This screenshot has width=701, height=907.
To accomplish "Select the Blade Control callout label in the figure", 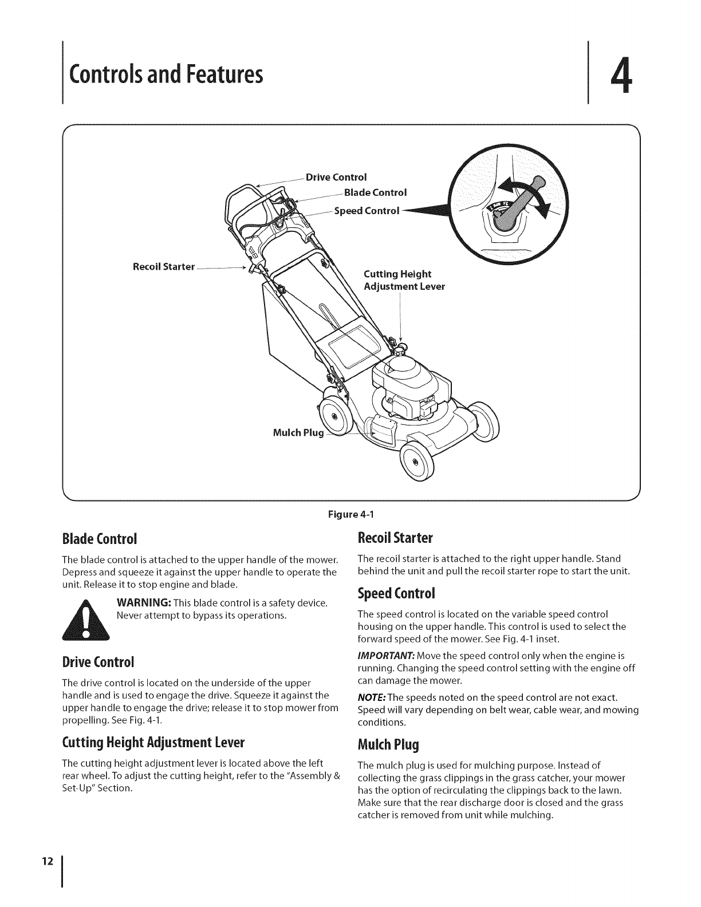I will pos(375,192).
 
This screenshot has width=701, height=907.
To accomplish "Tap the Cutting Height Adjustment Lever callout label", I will pos(404,280).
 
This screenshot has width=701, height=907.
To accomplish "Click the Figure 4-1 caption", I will pos(350,514).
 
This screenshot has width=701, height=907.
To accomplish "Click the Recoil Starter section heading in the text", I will pos(395,538).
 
